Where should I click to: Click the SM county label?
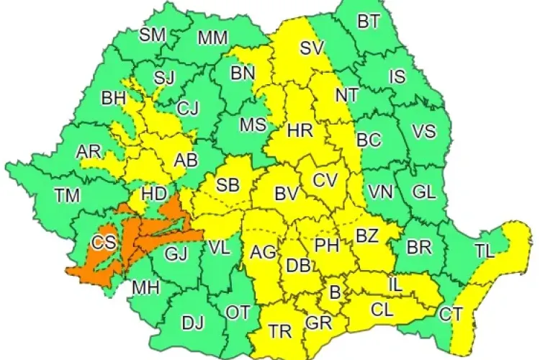click(151, 34)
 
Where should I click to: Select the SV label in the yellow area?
click(312, 49)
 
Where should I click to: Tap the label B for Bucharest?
click(334, 292)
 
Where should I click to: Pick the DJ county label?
click(192, 324)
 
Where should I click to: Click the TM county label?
click(68, 194)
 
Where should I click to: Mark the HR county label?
click(299, 131)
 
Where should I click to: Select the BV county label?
click(287, 193)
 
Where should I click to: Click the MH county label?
click(145, 288)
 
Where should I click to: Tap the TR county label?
click(280, 330)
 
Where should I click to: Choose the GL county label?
click(424, 192)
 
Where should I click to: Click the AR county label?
click(89, 152)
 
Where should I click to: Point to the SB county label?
click(228, 185)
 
